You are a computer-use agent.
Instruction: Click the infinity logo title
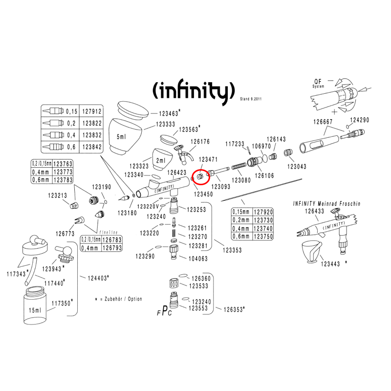[190, 91]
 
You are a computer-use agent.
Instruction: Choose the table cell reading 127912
[91, 111]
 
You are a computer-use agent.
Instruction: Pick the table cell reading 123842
[91, 147]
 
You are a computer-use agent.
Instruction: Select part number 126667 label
[323, 122]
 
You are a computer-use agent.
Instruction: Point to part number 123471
[208, 159]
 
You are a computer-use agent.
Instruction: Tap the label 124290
[360, 120]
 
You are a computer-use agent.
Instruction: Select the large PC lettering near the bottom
[167, 311]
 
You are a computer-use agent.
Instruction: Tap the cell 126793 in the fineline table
[112, 248]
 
